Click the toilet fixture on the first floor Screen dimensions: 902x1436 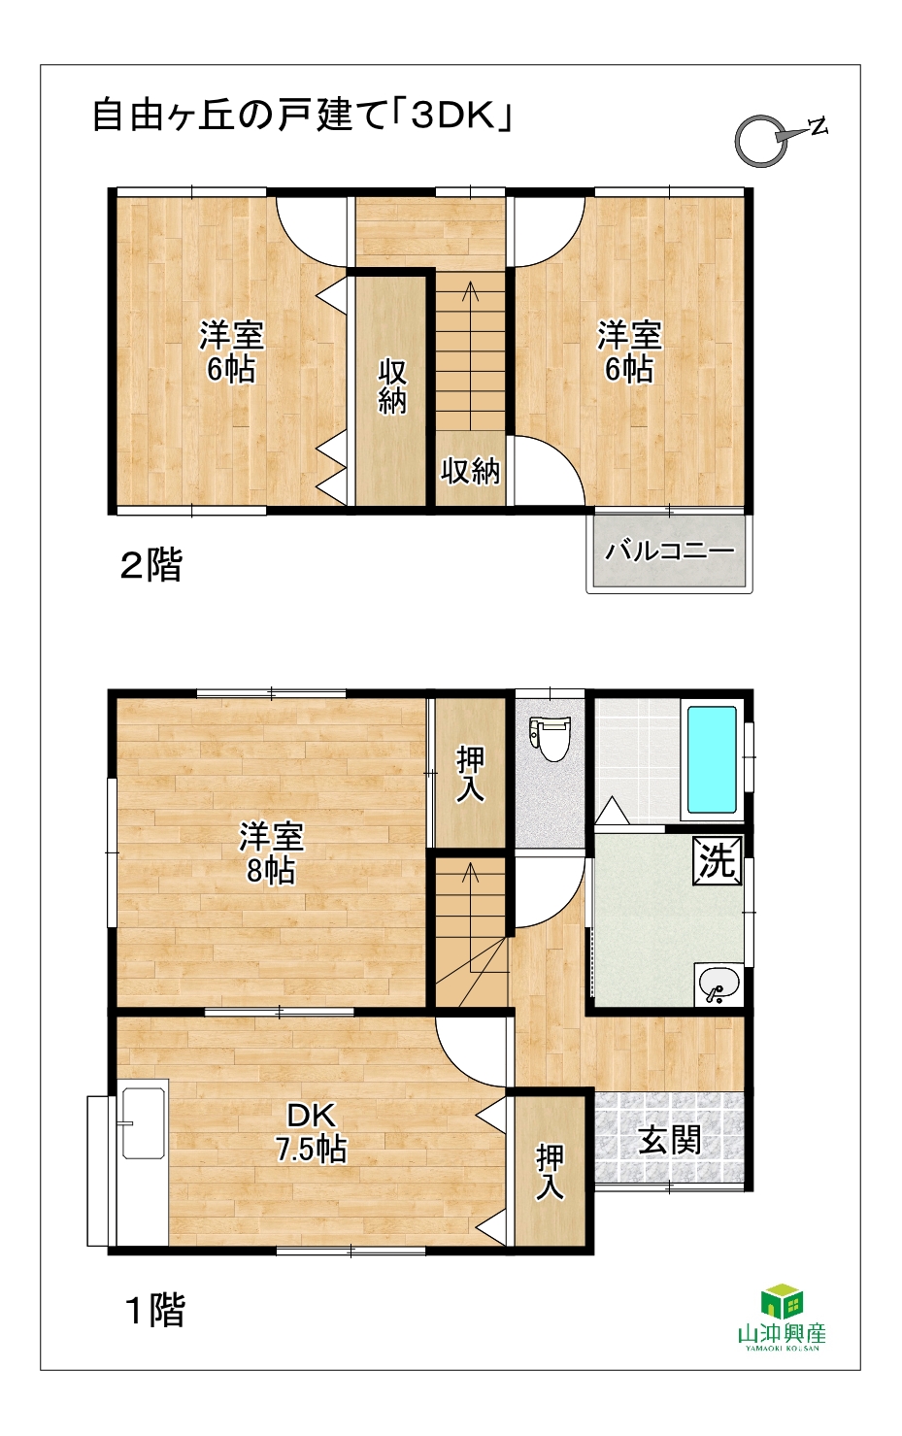pos(550,737)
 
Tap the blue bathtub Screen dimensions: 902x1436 pos(712,759)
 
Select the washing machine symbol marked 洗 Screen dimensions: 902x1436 pos(717,861)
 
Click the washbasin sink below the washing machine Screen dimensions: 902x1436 pos(718,985)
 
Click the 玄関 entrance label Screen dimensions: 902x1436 pos(670,1141)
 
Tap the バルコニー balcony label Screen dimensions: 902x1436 pos(670,551)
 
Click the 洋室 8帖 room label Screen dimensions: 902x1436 pos(271,853)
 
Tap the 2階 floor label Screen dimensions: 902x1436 pos(151,565)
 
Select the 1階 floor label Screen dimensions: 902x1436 pos(155,1310)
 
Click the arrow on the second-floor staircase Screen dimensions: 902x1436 pos(471,355)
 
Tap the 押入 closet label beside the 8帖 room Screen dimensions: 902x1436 pos(471,775)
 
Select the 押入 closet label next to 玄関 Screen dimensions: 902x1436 pos(551,1173)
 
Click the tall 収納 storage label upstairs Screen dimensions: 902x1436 pos(391,386)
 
